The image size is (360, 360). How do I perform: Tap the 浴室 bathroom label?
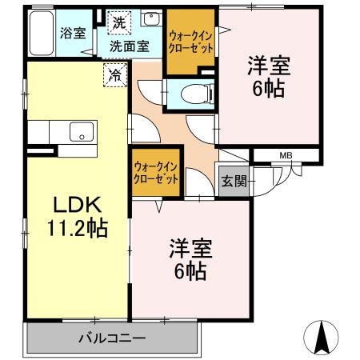[x=73, y=34]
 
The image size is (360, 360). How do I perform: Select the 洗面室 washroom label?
[x=129, y=46]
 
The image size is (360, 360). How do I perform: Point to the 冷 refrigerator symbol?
[x=115, y=77]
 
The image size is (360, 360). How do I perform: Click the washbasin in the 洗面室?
[x=150, y=19]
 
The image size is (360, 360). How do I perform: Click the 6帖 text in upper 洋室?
[x=269, y=89]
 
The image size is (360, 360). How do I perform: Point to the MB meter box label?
[x=286, y=155]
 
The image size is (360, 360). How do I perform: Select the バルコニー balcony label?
[x=112, y=338]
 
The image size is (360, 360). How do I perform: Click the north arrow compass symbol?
[x=321, y=338]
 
